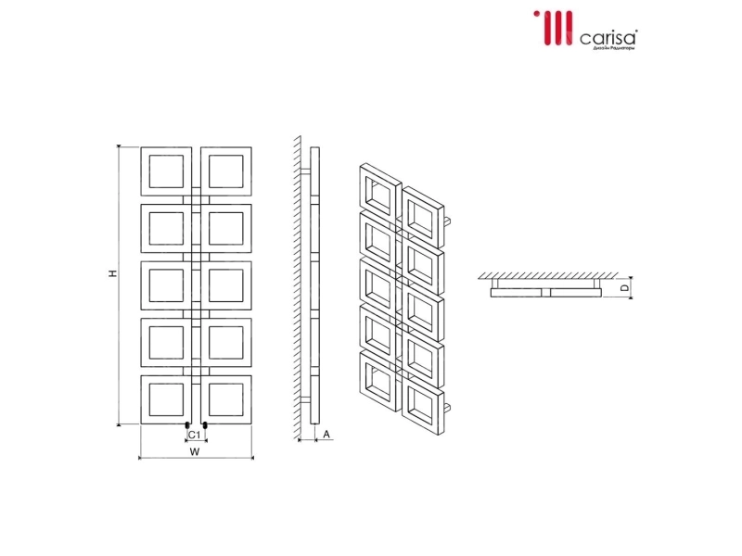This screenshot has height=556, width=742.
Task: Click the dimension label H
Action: pos(110,274)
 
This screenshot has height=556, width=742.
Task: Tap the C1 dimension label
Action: pos(195,435)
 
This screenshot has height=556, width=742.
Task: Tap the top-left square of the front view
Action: pos(167,171)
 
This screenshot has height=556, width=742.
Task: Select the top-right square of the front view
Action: pos(226,171)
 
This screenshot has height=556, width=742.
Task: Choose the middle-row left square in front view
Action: pos(167,284)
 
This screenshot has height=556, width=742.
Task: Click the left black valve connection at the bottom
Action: pos(188,428)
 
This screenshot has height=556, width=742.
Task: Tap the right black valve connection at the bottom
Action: pos(203,428)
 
